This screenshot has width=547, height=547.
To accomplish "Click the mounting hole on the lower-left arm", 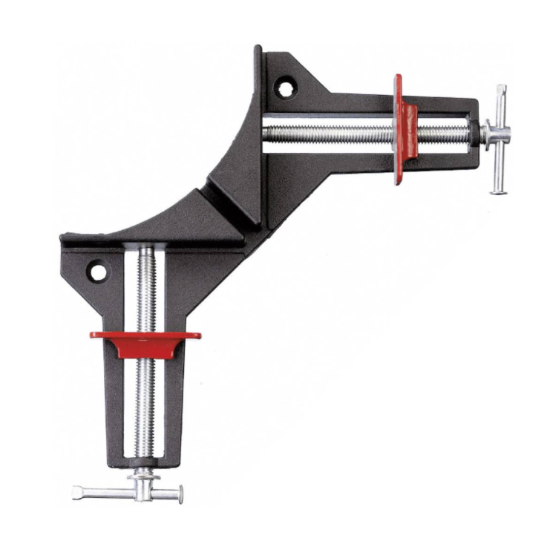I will pos(97,272).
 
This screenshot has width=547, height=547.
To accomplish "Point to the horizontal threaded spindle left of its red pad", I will pos(327,134).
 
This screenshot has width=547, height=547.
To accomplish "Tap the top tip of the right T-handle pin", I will pos(502,90).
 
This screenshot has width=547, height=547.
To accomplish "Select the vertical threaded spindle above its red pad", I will pos(145,289).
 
